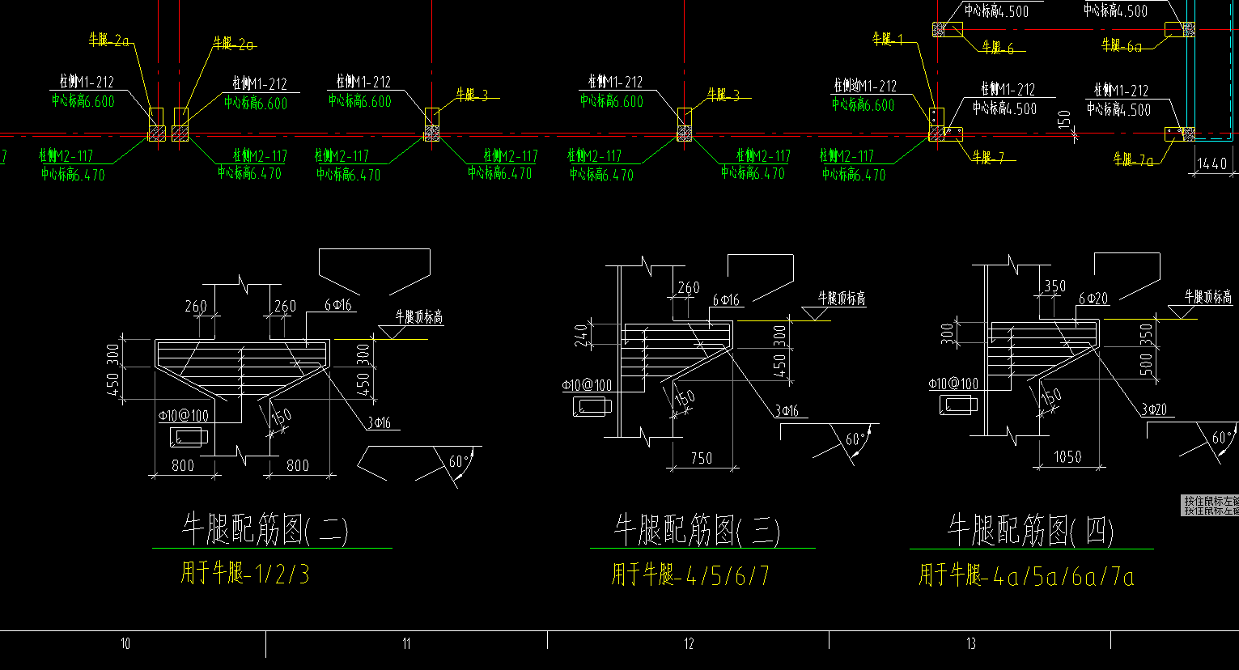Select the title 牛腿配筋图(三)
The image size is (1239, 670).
(x=697, y=531)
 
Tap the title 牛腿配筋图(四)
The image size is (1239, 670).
(x=1031, y=530)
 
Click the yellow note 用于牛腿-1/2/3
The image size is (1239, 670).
(x=244, y=574)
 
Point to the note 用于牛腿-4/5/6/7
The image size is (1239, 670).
(x=690, y=575)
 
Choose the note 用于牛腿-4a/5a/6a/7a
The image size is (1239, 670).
(x=1026, y=575)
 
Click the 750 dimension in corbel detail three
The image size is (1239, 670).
(x=702, y=458)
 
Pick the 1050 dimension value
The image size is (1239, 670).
(x=1067, y=457)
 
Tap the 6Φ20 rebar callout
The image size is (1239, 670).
(x=1093, y=299)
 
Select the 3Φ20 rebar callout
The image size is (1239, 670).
(x=1154, y=409)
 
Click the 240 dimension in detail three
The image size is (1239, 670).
(x=581, y=336)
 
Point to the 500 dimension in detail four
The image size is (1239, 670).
(x=1147, y=364)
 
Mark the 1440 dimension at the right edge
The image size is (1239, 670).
(x=1211, y=163)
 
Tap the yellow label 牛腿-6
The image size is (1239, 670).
(x=997, y=48)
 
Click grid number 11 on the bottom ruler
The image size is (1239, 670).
(x=406, y=644)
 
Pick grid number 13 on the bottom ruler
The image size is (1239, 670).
(x=970, y=644)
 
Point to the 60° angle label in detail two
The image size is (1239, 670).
(x=459, y=461)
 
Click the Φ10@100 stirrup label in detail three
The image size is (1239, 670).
(x=587, y=386)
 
